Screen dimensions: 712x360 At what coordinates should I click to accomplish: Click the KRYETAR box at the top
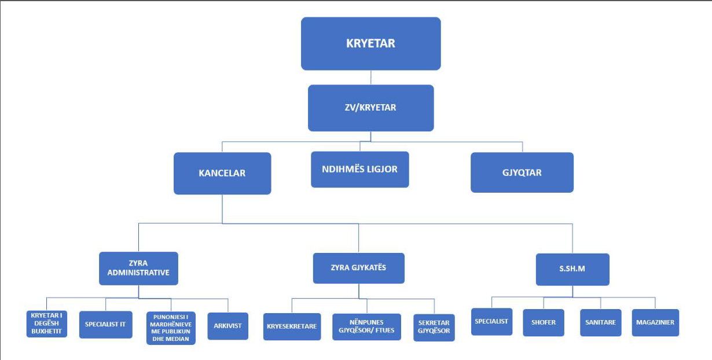[370, 43]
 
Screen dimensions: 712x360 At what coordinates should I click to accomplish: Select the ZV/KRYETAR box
[370, 108]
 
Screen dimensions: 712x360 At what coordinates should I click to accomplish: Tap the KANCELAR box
[222, 174]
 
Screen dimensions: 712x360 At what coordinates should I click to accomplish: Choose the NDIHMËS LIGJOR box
[360, 170]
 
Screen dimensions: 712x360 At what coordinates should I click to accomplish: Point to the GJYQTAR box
[522, 172]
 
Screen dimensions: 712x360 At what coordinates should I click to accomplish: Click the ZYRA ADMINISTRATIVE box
[138, 269]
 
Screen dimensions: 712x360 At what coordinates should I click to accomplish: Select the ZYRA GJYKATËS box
[358, 268]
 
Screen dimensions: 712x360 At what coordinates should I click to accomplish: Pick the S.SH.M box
[572, 270]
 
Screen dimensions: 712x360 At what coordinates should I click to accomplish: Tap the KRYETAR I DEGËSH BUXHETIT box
[47, 324]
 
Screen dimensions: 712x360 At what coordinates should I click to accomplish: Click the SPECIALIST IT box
[105, 325]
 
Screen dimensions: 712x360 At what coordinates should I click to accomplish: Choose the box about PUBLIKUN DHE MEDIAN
[171, 328]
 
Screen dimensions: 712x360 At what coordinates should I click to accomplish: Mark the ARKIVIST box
[228, 326]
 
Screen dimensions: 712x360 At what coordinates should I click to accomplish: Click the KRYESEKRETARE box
[292, 326]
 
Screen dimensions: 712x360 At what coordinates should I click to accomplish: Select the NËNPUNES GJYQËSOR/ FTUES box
[366, 327]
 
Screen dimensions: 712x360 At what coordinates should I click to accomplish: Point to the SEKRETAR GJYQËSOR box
[434, 328]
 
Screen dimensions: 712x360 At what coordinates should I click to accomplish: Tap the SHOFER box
[544, 322]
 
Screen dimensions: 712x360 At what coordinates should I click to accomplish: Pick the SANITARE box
[600, 322]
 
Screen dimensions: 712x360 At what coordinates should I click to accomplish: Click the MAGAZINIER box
[655, 322]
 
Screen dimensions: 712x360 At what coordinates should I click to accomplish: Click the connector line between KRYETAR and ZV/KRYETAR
[371, 78]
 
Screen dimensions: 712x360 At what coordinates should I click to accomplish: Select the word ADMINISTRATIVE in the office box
[138, 273]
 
